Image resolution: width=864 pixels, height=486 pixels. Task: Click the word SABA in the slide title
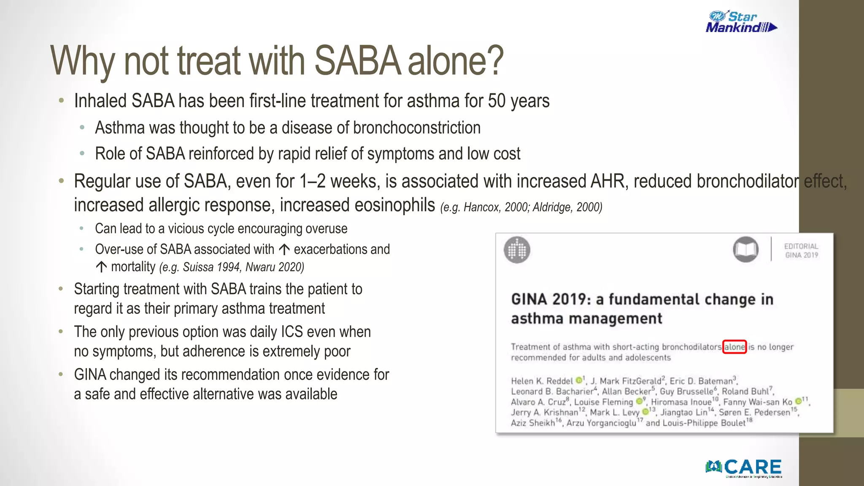point(357,61)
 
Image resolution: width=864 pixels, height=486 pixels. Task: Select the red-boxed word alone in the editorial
point(734,347)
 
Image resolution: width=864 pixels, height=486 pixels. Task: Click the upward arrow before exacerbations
point(284,250)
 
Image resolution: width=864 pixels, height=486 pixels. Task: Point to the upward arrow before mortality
point(101,267)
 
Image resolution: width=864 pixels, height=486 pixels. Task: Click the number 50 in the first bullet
point(497,101)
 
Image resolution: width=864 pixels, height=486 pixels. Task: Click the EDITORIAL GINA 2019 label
point(801,251)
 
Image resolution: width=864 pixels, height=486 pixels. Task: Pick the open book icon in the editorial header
point(745,249)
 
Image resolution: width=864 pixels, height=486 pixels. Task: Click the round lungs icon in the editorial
point(517,250)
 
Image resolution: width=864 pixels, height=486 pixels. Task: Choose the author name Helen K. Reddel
point(542,381)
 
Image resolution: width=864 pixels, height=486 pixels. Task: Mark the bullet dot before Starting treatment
point(61,289)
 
